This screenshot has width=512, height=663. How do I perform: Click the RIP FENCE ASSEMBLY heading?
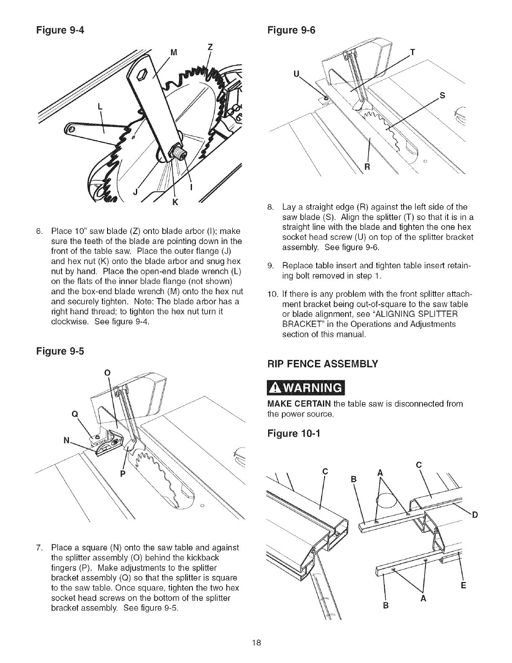322,363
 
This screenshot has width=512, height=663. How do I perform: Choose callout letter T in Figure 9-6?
413,52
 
